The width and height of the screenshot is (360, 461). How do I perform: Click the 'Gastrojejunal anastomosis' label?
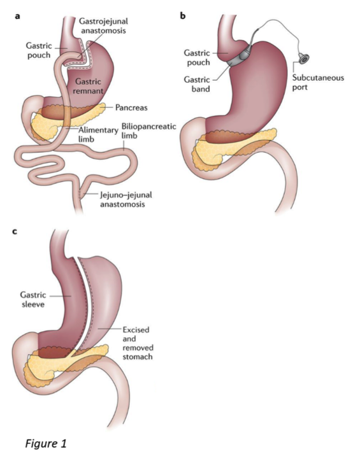coord(103,26)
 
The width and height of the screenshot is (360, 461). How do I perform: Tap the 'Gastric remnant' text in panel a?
coord(88,86)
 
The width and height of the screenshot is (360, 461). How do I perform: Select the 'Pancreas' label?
coord(131,108)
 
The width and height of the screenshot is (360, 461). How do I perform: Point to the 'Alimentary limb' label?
coord(98,134)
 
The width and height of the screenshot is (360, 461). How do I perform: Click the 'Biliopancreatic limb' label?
coord(149,131)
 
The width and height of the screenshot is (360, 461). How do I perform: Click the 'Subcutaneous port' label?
coord(318,83)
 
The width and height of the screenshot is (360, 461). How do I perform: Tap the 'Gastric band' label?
coord(197,84)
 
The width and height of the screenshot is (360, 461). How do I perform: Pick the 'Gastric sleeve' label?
coord(33,299)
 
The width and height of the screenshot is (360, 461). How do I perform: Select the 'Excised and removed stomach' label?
coord(138,343)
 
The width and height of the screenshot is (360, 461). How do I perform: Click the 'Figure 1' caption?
coord(46,443)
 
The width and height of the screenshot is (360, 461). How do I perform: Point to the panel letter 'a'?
coord(18,17)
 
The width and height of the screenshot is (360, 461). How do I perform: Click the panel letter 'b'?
coord(183,15)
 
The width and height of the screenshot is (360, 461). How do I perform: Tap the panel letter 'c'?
coord(15,232)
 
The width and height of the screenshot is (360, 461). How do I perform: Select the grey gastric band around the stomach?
coord(239,57)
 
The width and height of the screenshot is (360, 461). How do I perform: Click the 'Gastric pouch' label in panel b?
coord(197,57)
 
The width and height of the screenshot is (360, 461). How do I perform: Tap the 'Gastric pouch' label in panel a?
coord(39,50)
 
